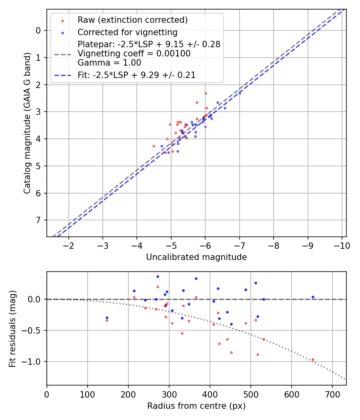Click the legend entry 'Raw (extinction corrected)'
(132, 20)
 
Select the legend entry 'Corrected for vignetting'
(127, 32)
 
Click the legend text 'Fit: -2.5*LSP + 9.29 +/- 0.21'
(136, 75)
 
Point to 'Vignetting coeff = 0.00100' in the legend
(134, 54)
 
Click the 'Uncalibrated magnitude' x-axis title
(196, 257)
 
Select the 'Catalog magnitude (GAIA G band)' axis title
(27, 123)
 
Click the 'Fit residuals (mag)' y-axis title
(12, 328)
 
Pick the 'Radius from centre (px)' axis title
(196, 406)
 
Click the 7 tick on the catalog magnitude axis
(38, 220)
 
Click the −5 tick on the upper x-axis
(171, 245)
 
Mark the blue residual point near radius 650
(313, 297)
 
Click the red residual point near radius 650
(313, 360)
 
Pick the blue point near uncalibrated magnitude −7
(240, 93)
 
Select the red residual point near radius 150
(107, 320)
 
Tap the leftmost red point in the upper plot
(154, 146)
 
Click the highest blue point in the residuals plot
(158, 276)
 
